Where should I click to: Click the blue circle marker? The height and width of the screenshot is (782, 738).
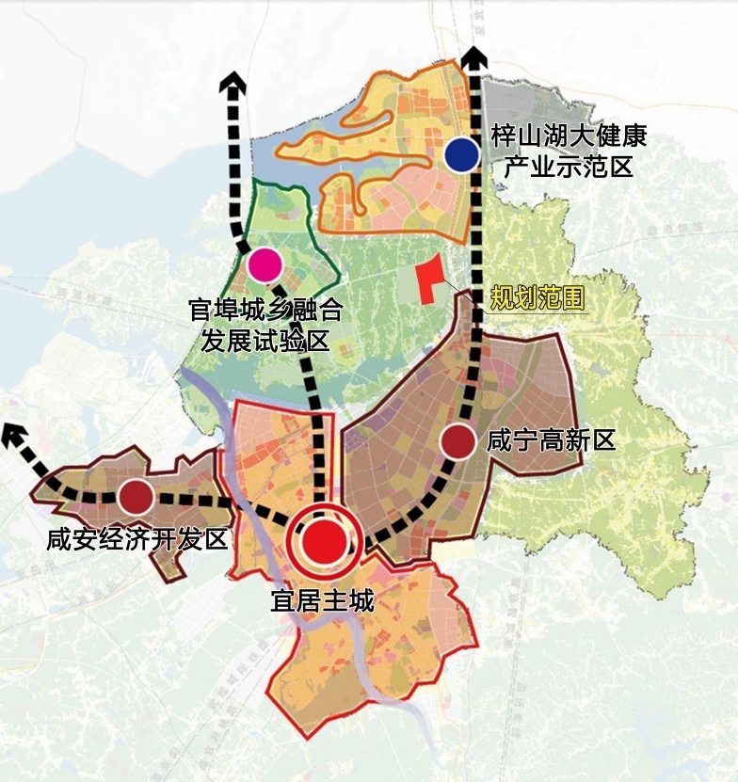click(462, 154)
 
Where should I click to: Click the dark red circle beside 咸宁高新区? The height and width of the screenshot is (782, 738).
click(458, 440)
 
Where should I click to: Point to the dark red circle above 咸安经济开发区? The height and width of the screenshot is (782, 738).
click(136, 496)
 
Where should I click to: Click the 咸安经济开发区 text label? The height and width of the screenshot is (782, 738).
click(137, 540)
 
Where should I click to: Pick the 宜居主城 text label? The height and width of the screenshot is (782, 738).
click(322, 600)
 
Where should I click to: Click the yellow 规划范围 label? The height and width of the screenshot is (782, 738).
click(537, 298)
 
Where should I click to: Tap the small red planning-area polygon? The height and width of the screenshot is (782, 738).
click(429, 280)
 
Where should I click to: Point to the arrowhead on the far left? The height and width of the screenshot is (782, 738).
click(13, 435)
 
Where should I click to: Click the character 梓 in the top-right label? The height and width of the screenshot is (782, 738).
click(505, 137)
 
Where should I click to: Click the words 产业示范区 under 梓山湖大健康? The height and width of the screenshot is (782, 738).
click(569, 168)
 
